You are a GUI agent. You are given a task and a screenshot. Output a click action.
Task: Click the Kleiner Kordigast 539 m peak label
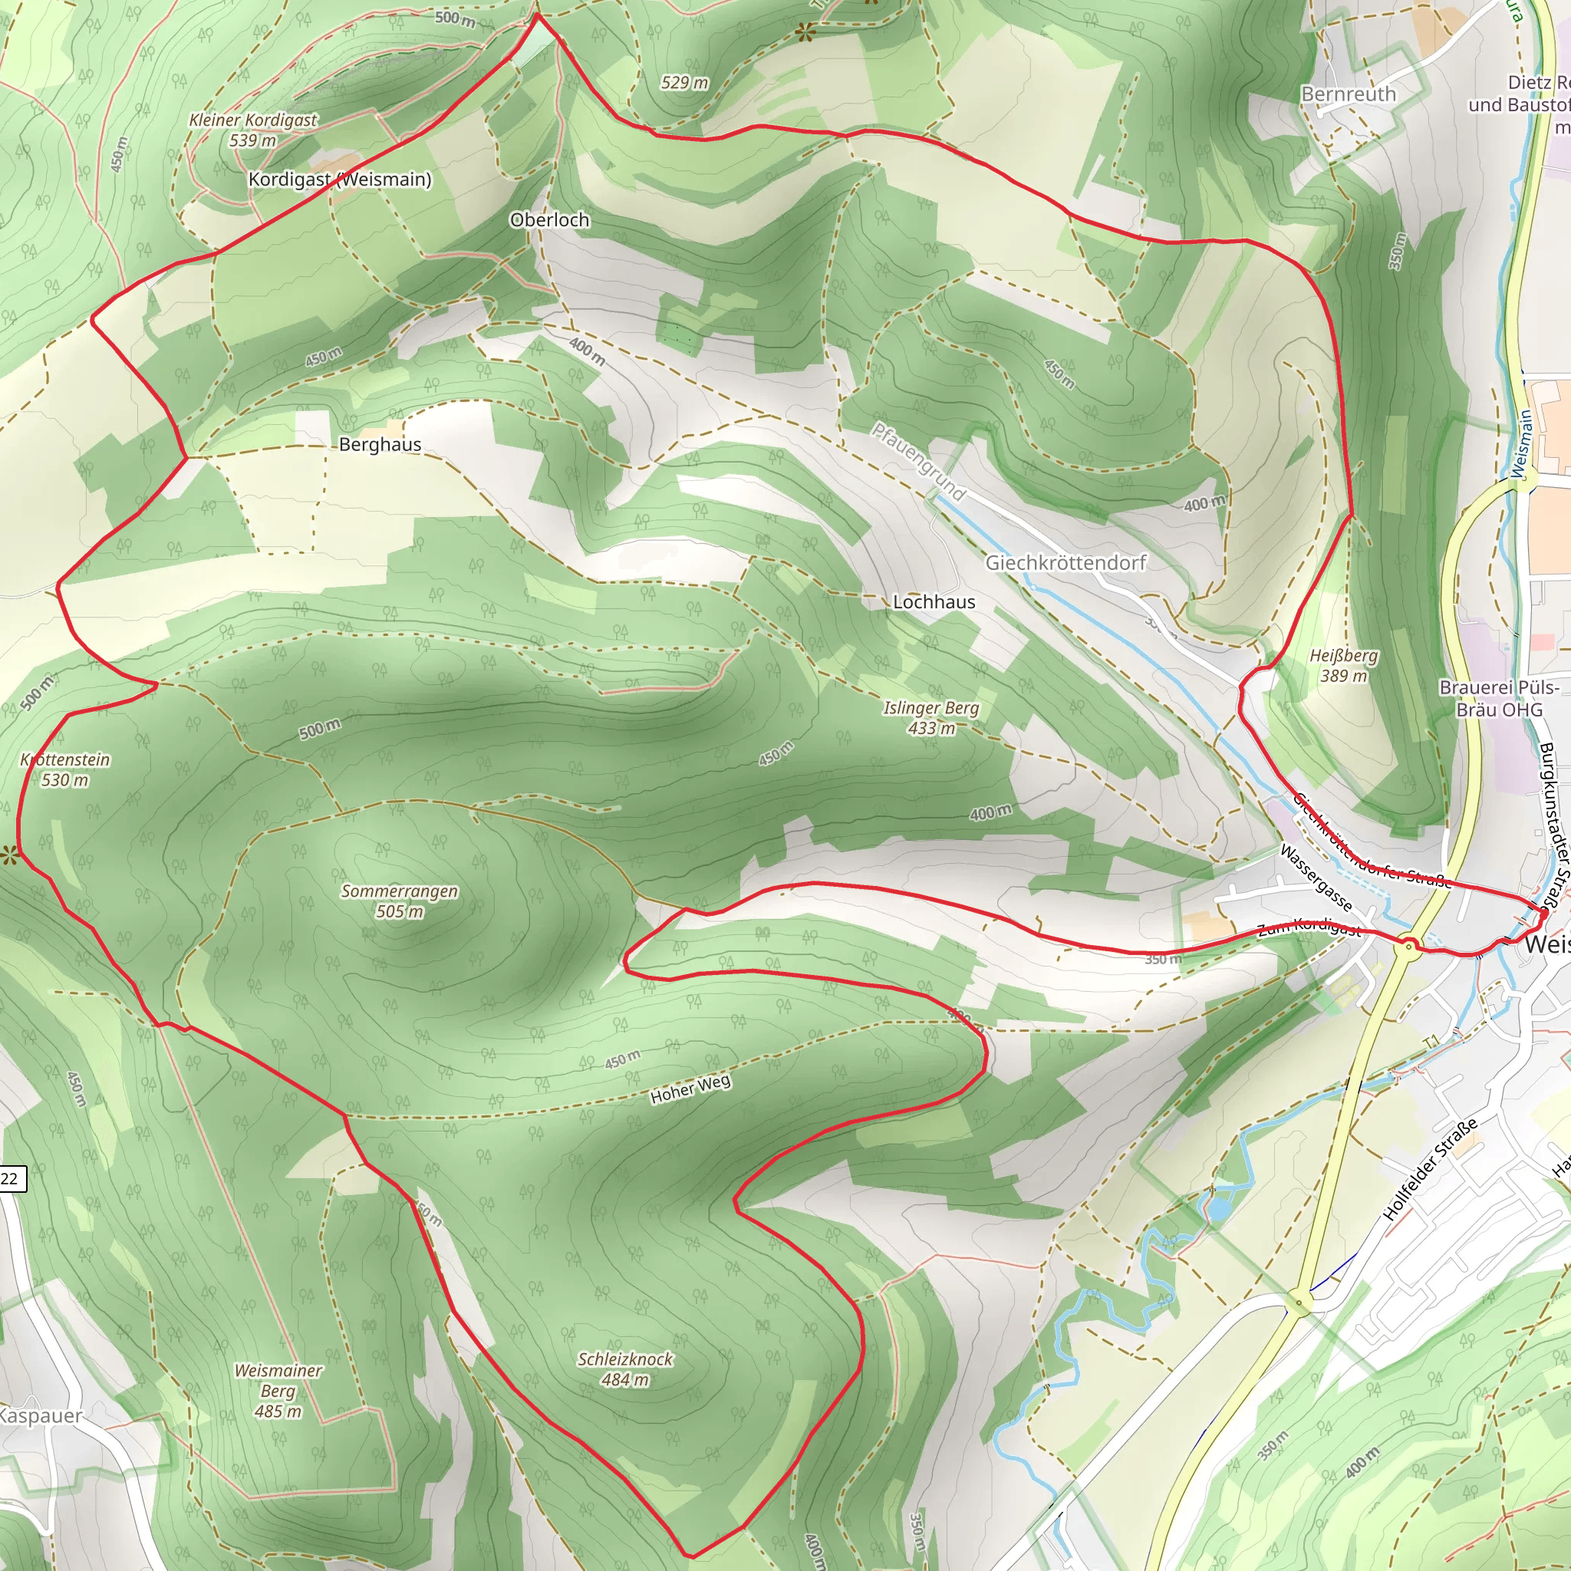(253, 130)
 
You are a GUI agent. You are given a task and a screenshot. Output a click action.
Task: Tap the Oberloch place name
(550, 219)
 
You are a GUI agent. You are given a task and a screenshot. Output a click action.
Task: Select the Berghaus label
(380, 445)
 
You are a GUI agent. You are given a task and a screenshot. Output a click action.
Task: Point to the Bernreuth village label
(1349, 94)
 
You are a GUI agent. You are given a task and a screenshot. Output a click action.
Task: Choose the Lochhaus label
(934, 601)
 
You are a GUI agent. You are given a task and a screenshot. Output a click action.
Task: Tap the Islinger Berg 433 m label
(931, 718)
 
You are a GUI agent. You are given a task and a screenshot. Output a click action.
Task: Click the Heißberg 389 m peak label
(1343, 665)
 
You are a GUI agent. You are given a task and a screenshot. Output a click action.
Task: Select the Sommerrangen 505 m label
(399, 901)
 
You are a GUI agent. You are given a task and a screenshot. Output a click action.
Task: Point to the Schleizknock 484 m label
(625, 1369)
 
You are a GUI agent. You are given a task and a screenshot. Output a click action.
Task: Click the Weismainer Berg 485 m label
(278, 1391)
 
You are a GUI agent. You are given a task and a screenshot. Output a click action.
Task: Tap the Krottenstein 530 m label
(65, 769)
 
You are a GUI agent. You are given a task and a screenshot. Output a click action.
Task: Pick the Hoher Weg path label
(690, 1088)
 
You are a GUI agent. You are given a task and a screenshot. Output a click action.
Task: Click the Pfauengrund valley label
(919, 462)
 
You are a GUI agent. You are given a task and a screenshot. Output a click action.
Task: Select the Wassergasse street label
(1316, 878)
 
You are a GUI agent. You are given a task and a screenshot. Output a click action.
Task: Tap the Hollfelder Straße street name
(1431, 1170)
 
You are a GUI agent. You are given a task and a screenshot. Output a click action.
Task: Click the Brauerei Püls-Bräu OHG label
(1499, 699)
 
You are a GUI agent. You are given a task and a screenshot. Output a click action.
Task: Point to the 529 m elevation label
(683, 83)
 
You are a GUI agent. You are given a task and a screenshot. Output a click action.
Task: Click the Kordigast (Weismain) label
(340, 179)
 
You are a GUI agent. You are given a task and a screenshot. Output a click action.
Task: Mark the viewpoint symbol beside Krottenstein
(9, 855)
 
